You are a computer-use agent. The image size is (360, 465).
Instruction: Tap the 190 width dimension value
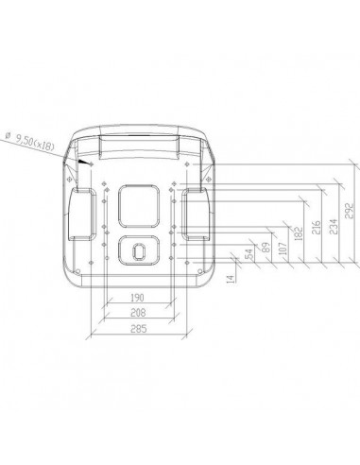137,297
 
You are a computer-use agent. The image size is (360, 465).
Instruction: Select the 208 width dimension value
137,313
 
